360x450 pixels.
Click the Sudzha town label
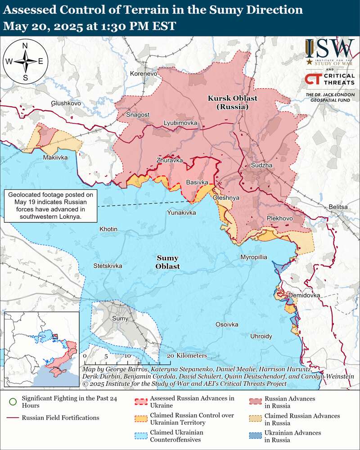pos(262,166)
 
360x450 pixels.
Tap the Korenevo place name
pos(143,73)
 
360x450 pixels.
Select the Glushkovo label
pos(66,103)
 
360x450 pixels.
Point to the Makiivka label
pos(55,157)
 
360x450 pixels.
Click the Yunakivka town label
pos(181,212)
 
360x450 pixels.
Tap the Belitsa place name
pos(338,207)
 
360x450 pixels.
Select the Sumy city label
pos(120,319)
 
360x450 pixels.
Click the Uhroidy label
pos(261,336)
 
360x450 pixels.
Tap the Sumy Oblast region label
pos(168,262)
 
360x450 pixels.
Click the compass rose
pos(25,62)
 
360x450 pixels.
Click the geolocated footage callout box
pos(50,206)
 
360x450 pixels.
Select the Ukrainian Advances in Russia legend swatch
pos(255,436)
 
